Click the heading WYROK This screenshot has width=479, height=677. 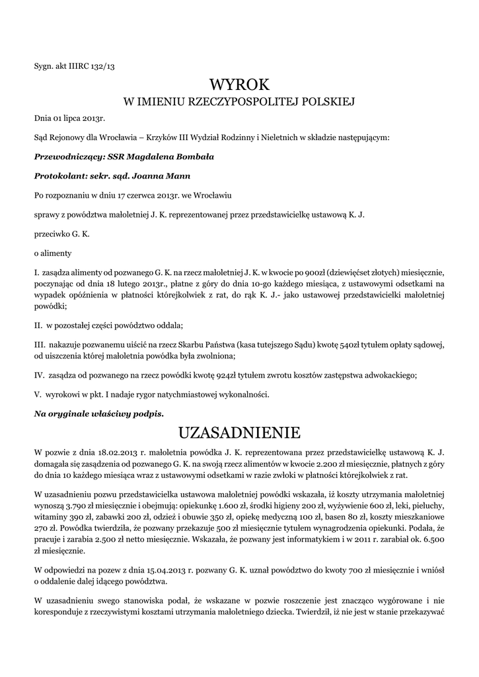(x=239, y=85)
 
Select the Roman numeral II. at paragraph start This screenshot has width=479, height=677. (x=38, y=326)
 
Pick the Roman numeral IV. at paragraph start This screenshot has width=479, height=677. (x=39, y=375)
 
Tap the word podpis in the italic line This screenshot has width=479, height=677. (x=149, y=413)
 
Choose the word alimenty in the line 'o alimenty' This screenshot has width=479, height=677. (x=56, y=253)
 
